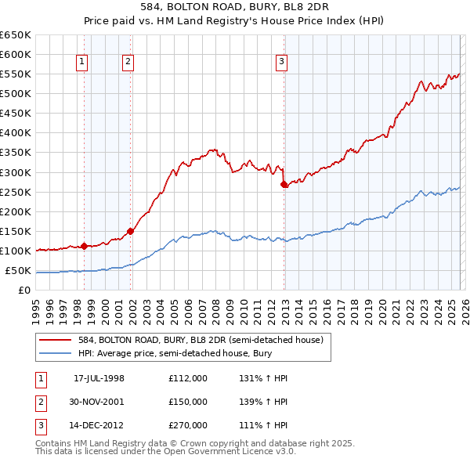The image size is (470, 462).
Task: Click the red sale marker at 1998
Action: point(84,246)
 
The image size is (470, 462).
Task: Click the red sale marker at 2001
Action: point(131,231)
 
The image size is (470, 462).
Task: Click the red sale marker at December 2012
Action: point(284,184)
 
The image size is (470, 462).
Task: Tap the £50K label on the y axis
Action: point(18,271)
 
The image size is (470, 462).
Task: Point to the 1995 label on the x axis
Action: point(36,305)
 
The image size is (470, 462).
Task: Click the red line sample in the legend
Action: point(56,339)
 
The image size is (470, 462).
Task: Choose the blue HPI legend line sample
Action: point(56,353)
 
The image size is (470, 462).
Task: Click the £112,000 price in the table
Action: point(187,378)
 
